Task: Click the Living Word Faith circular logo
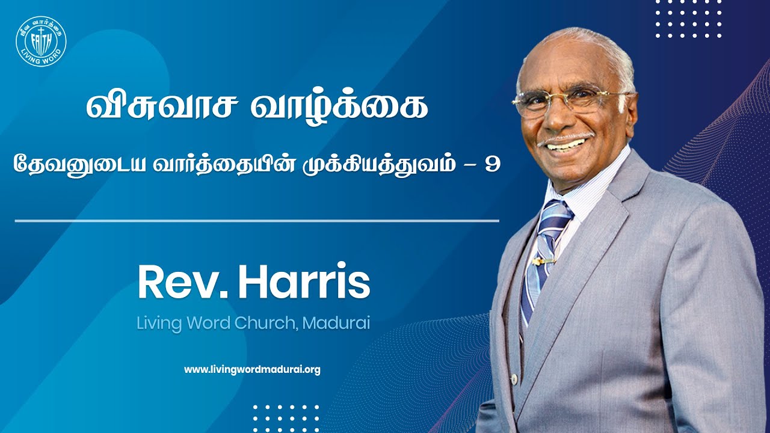pos(41,41)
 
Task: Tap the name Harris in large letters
pos(304,283)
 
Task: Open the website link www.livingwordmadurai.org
pos(252,370)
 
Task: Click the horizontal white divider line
pos(257,221)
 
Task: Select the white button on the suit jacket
pos(514,379)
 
